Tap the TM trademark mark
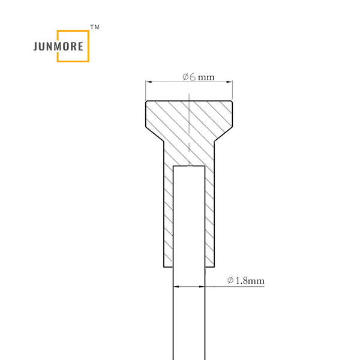[94, 28]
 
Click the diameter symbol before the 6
[185, 77]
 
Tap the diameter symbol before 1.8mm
[231, 280]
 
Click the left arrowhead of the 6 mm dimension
[148, 82]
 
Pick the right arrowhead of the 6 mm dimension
[230, 82]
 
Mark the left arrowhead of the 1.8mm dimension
[176, 287]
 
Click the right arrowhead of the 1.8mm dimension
[204, 287]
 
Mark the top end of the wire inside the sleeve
[189, 167]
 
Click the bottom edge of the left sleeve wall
[168, 266]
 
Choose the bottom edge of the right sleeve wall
[210, 266]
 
